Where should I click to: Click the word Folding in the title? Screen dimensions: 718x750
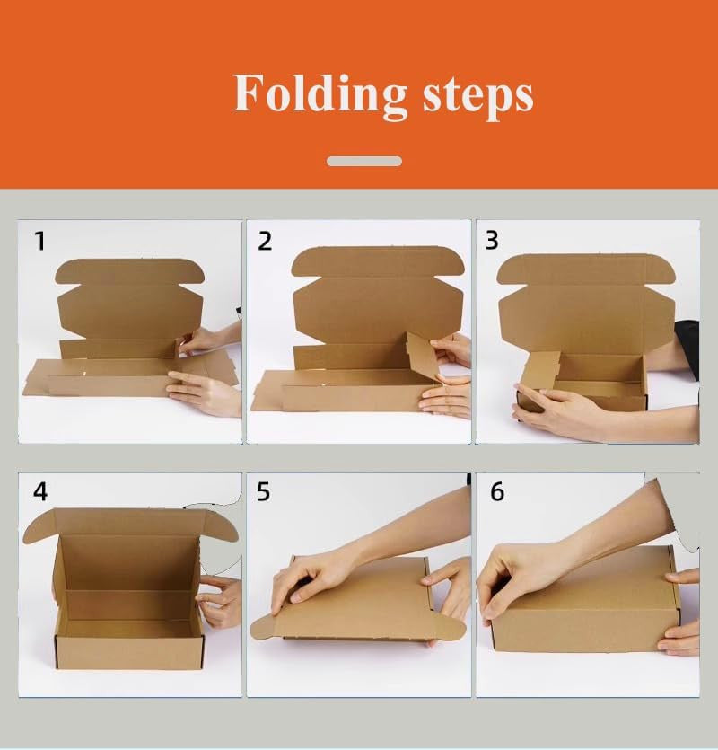[320, 93]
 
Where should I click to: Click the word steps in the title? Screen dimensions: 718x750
[477, 96]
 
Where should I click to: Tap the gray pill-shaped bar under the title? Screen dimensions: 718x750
[364, 161]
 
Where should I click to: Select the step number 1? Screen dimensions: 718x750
[40, 241]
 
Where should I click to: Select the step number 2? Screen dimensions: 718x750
[265, 241]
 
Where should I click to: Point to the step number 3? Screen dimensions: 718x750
[492, 240]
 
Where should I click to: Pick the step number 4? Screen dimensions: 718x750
[40, 491]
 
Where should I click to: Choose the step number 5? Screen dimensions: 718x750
[263, 491]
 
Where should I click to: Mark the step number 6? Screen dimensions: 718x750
[497, 491]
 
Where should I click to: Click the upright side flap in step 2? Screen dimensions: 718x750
[423, 356]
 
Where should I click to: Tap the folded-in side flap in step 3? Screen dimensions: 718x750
[540, 370]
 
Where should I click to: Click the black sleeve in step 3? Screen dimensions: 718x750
[687, 348]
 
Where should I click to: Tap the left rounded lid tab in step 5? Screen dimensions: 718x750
[265, 628]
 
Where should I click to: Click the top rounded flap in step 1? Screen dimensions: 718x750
[130, 271]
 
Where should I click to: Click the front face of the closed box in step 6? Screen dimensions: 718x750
[584, 630]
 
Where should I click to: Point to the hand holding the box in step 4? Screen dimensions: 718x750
[220, 600]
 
